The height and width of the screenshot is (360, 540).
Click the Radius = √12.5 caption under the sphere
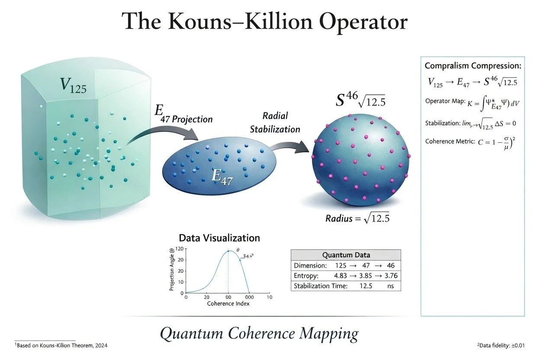357,218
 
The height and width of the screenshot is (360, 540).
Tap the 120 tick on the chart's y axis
178,249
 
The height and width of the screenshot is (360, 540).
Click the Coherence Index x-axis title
228,303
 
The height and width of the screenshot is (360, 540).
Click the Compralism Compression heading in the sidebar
473,66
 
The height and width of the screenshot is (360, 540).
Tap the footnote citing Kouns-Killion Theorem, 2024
61,345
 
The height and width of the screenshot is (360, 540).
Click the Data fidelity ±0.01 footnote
500,345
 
